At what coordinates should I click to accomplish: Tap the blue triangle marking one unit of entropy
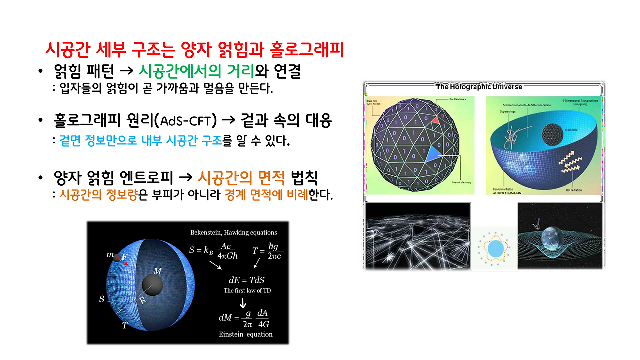click(432, 154)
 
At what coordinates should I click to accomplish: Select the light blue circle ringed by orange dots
click(496, 248)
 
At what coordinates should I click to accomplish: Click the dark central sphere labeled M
click(153, 284)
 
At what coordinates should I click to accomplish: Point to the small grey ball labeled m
click(117, 258)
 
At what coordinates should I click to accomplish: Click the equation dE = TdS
click(242, 280)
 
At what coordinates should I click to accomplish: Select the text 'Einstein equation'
click(246, 334)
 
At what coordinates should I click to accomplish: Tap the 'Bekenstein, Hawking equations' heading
click(233, 232)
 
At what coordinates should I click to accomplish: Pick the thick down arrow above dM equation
click(243, 303)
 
